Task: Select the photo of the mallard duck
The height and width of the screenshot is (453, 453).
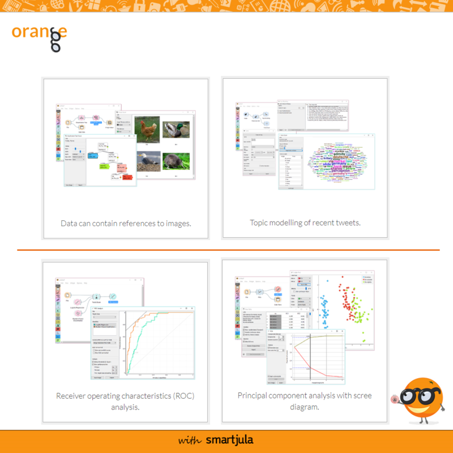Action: click(176, 130)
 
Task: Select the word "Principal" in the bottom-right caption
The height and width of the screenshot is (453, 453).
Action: click(253, 395)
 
